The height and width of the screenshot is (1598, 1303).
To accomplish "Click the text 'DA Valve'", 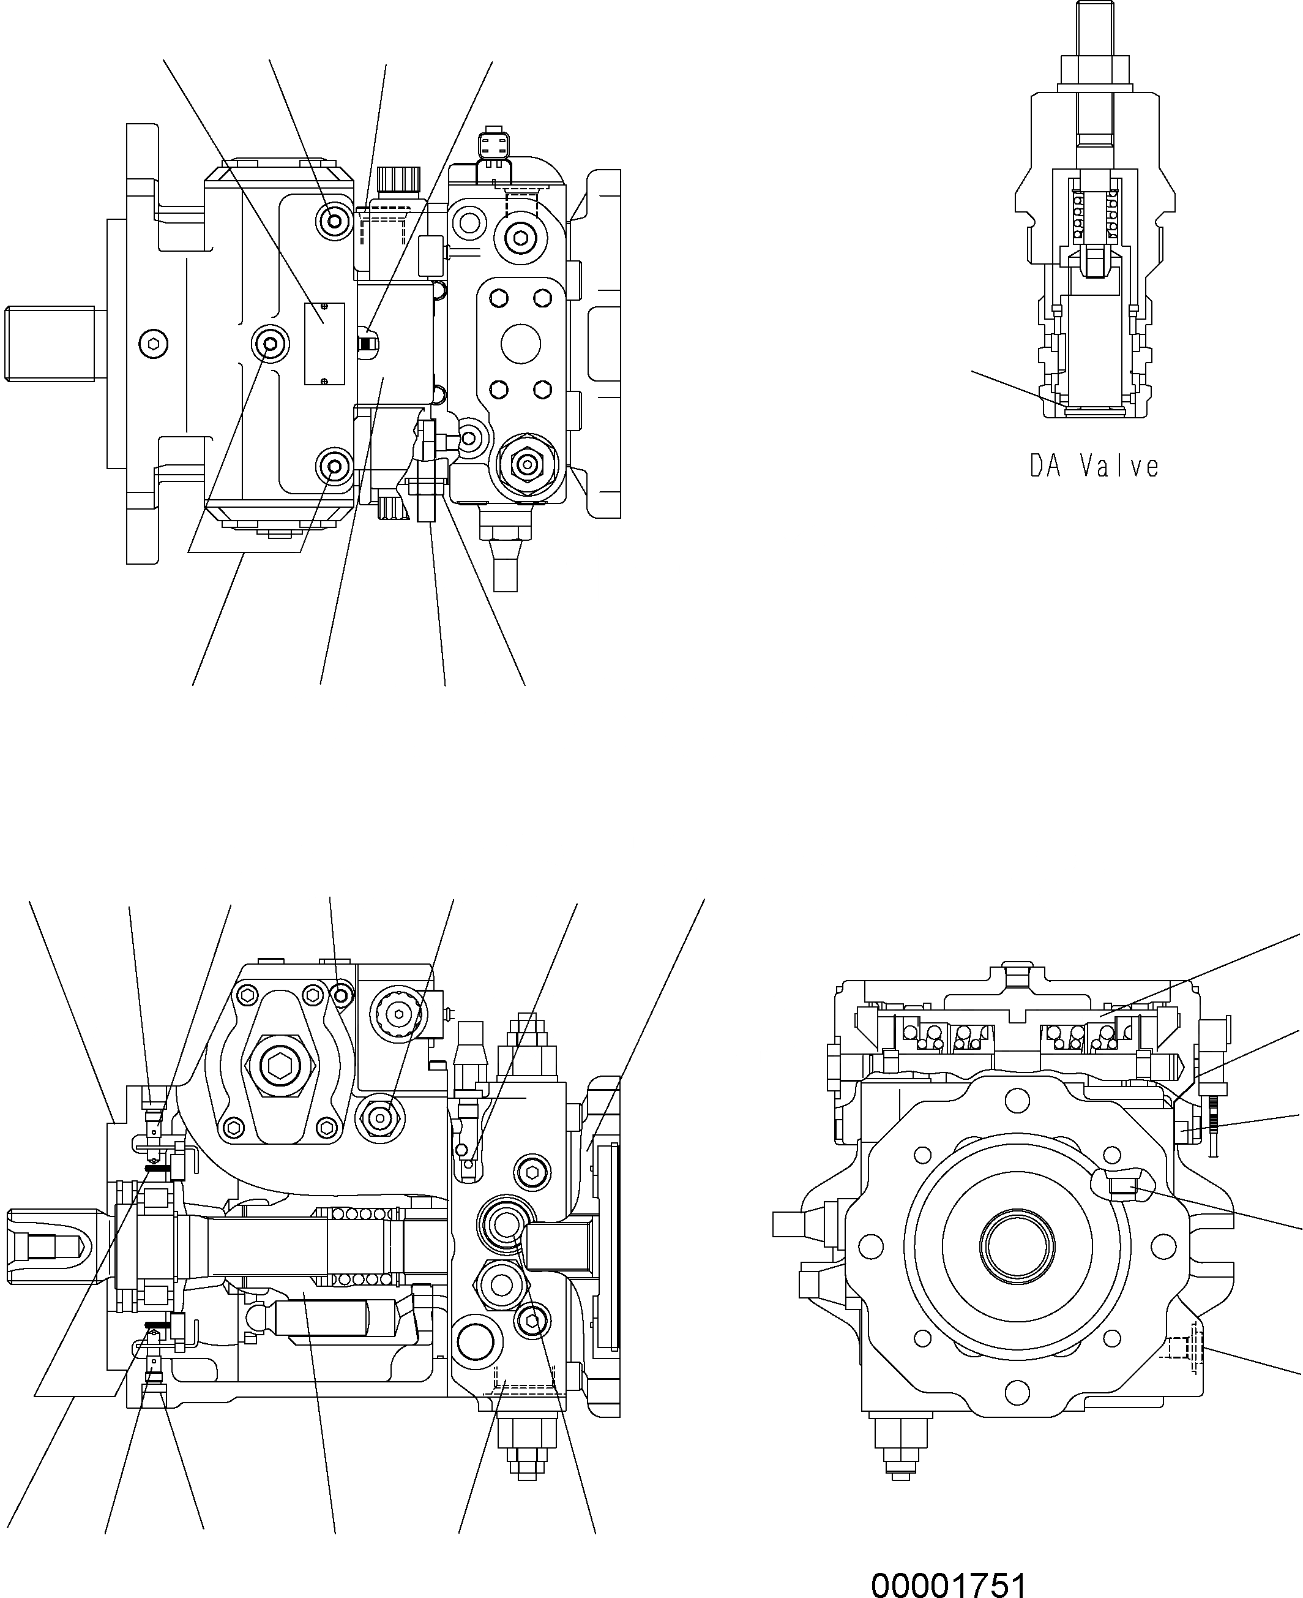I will tap(1094, 467).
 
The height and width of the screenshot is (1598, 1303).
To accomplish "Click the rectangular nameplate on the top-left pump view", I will tap(324, 344).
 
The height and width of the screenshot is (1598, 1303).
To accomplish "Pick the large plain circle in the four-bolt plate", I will tap(521, 345).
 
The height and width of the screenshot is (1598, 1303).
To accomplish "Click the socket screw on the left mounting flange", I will tap(154, 344).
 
